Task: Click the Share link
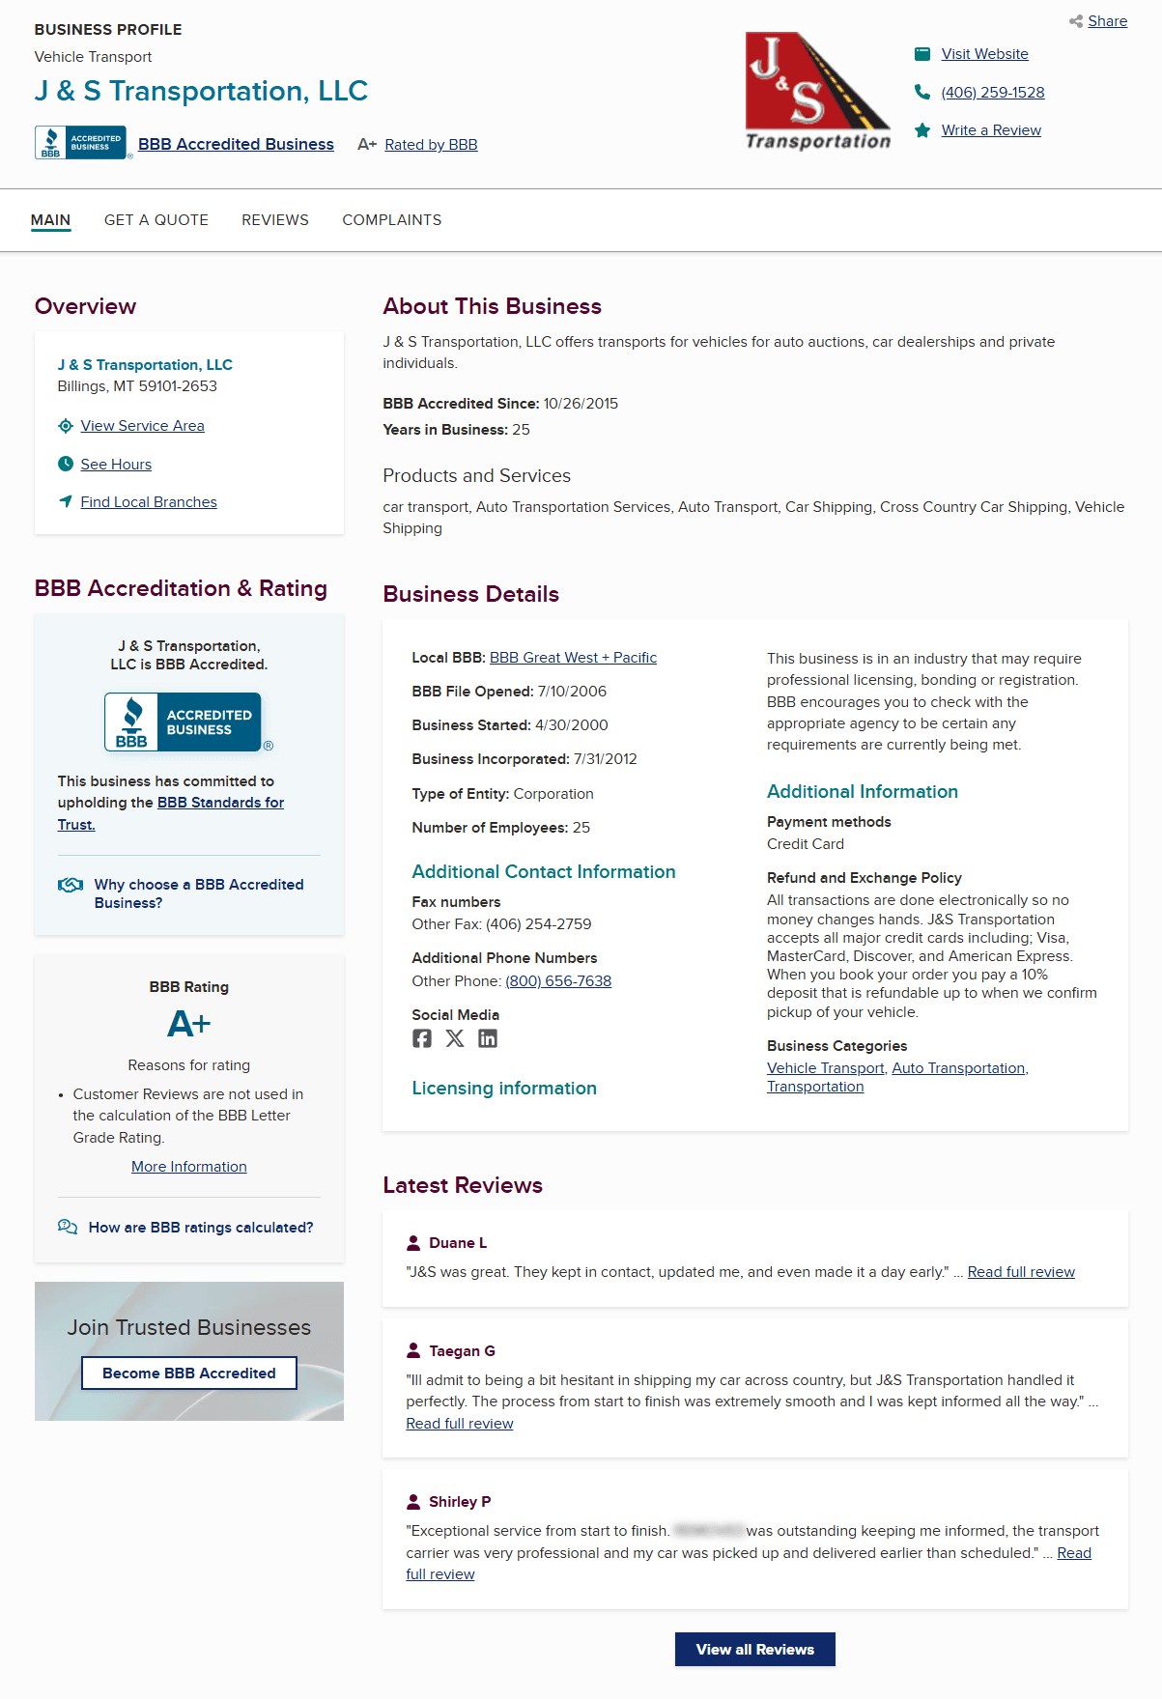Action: click(1106, 21)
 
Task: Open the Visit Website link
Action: click(984, 54)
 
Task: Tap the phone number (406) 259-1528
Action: click(992, 93)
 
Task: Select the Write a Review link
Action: click(990, 130)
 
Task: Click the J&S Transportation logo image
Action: click(817, 92)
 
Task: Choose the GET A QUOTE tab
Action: click(156, 220)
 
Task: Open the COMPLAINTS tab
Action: click(391, 220)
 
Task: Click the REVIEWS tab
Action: click(275, 220)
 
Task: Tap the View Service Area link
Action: click(142, 426)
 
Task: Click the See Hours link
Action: click(116, 465)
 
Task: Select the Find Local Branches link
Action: click(149, 502)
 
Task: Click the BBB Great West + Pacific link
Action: click(573, 658)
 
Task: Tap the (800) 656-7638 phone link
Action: click(558, 981)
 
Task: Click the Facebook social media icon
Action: click(422, 1038)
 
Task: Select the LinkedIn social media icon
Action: click(488, 1038)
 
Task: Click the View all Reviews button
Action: click(754, 1650)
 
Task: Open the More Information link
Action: click(189, 1167)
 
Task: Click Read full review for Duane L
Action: click(1021, 1272)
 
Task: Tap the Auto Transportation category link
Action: click(958, 1068)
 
